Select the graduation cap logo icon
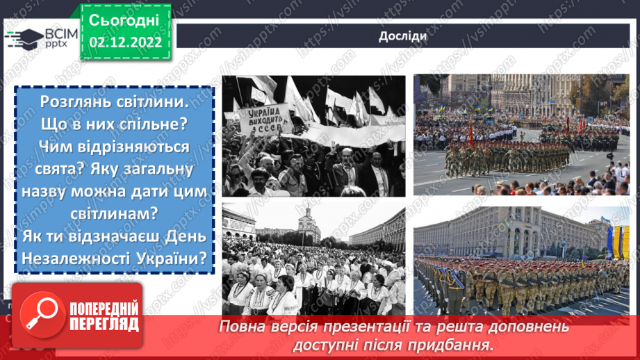pos(23,38)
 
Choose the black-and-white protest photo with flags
pos(313,136)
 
